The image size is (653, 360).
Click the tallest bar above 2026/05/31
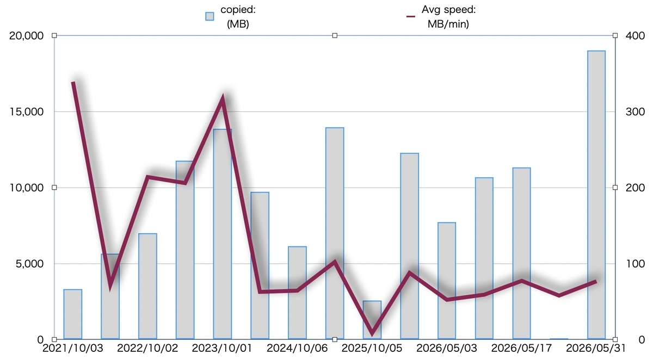(x=596, y=195)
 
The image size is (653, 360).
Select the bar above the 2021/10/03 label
(x=72, y=314)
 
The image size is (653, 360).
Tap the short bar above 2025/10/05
(x=372, y=320)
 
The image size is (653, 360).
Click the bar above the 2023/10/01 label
(x=223, y=234)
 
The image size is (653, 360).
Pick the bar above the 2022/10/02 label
(x=147, y=286)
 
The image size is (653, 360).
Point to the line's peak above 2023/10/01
(x=223, y=97)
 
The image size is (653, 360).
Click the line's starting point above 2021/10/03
(x=73, y=82)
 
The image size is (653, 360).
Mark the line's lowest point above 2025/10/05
(x=372, y=334)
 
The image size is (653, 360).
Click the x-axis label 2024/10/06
(x=297, y=348)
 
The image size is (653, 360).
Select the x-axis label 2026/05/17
(x=521, y=348)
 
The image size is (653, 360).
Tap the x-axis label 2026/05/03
(x=447, y=348)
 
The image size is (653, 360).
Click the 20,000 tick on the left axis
(x=26, y=36)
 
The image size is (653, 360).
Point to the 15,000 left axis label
(x=27, y=112)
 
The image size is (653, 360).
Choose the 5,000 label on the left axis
(x=29, y=264)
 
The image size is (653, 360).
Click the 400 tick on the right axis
(x=635, y=36)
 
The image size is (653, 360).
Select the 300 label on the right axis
(x=635, y=112)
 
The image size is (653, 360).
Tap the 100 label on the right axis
(x=635, y=264)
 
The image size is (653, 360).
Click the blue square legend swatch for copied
(x=210, y=16)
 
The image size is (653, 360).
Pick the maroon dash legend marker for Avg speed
(x=411, y=17)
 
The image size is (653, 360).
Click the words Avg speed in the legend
(x=448, y=10)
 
